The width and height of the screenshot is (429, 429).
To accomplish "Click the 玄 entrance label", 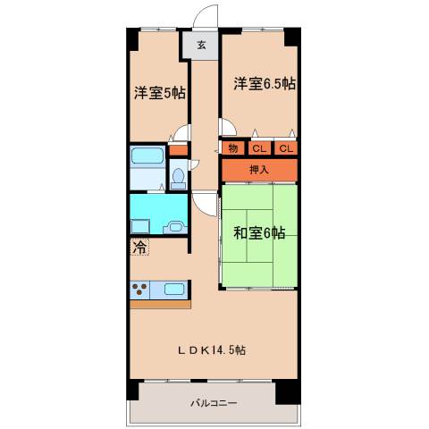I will pyautogui.click(x=201, y=45).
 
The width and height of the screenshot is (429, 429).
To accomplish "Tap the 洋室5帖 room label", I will pyautogui.click(x=160, y=92).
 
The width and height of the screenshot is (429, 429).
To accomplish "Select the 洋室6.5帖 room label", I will pyautogui.click(x=265, y=84).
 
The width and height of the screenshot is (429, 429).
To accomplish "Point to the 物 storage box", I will pyautogui.click(x=232, y=148).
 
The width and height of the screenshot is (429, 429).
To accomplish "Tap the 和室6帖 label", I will pyautogui.click(x=259, y=233).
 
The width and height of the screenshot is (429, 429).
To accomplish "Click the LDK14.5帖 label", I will pyautogui.click(x=210, y=349).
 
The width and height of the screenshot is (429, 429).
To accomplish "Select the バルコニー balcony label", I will pyautogui.click(x=213, y=404).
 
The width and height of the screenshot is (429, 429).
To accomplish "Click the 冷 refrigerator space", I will pyautogui.click(x=140, y=247).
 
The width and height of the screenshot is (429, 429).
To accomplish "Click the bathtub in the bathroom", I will pyautogui.click(x=147, y=156).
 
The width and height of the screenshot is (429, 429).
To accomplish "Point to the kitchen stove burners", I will pyautogui.click(x=141, y=290).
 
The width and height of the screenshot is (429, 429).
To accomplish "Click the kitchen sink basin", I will pyautogui.click(x=174, y=290).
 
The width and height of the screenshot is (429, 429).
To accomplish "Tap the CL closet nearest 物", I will pyautogui.click(x=258, y=148).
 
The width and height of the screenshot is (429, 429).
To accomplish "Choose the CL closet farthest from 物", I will pyautogui.click(x=286, y=148).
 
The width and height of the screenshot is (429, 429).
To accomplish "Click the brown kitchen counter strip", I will pyautogui.click(x=160, y=305).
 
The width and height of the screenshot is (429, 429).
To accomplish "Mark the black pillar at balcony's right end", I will pyautogui.click(x=287, y=391).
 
